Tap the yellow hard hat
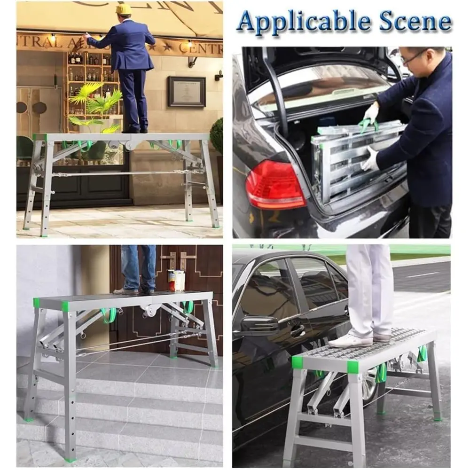124,9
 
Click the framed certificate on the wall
187,91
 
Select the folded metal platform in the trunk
357,160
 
